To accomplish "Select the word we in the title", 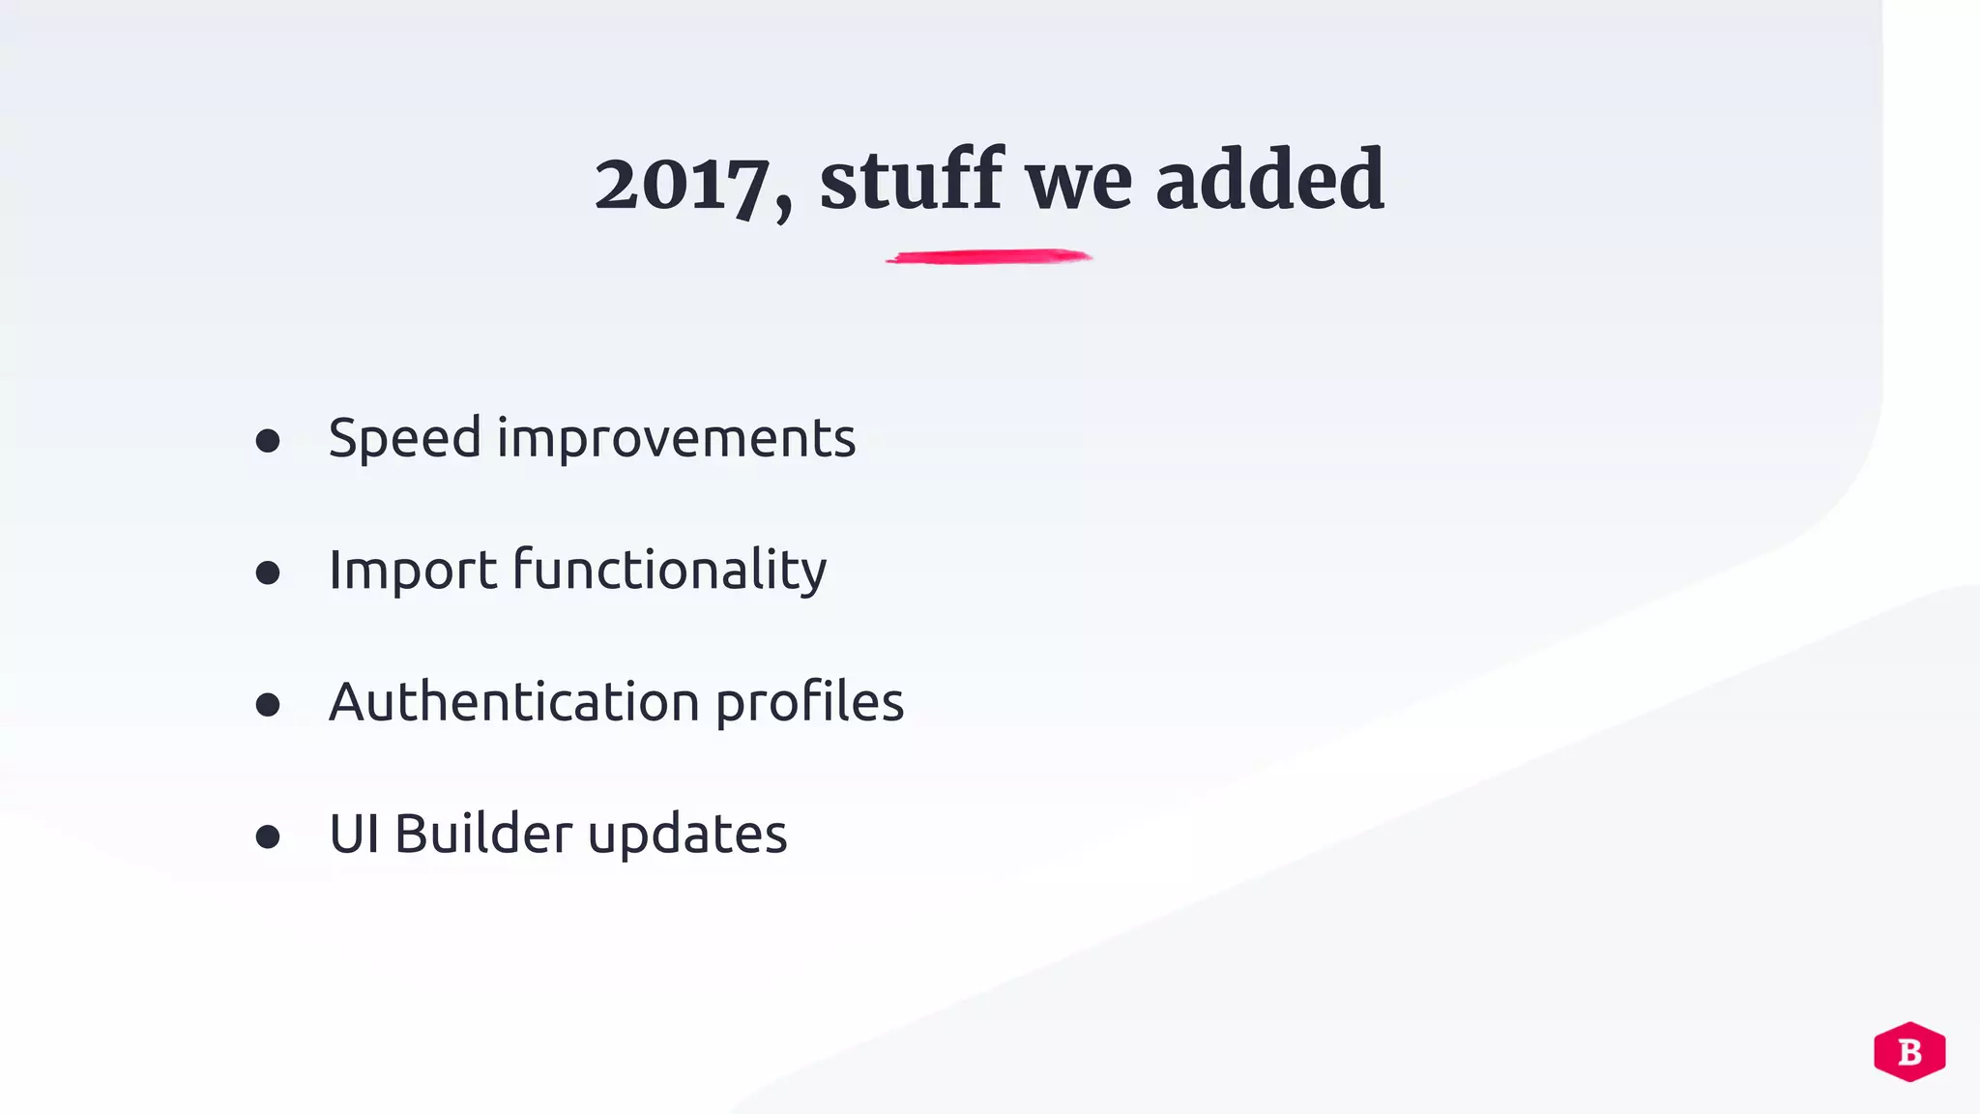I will click(1078, 185).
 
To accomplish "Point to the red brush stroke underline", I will click(988, 257).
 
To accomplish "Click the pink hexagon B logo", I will click(1909, 1051).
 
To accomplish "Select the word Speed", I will click(404, 439).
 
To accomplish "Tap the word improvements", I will click(676, 439).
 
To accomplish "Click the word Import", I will click(413, 570).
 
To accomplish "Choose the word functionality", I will click(669, 570).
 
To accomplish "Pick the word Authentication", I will click(513, 701).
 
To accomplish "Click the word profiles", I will click(809, 703).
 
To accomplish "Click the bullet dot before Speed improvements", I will click(268, 442).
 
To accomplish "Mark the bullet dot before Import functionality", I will click(268, 573).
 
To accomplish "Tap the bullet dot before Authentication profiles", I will click(268, 705).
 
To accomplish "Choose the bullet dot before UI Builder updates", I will click(268, 836).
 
